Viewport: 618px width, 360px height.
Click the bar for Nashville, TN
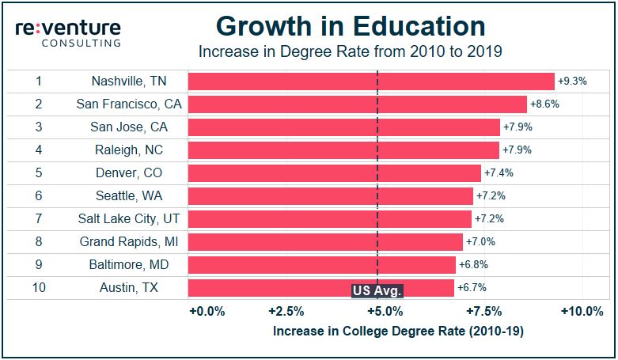click(x=371, y=81)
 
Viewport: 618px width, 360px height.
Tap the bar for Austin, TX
click(x=321, y=287)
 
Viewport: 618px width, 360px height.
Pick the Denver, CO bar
click(x=335, y=173)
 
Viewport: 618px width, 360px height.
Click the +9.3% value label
click(x=572, y=81)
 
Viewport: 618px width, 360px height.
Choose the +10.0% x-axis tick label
click(x=582, y=312)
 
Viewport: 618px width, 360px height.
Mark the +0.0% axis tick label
click(x=208, y=312)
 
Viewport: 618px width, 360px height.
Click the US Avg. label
click(x=377, y=290)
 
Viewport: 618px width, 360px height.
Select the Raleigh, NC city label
click(x=127, y=150)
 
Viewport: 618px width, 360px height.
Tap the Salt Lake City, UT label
click(x=127, y=219)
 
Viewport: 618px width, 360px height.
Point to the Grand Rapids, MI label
click(x=127, y=242)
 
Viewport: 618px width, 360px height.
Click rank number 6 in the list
click(x=39, y=196)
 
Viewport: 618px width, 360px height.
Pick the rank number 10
click(x=39, y=288)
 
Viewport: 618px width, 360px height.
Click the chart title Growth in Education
click(x=351, y=26)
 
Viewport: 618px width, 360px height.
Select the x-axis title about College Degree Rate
click(x=398, y=332)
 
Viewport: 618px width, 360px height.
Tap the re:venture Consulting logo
click(x=68, y=33)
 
